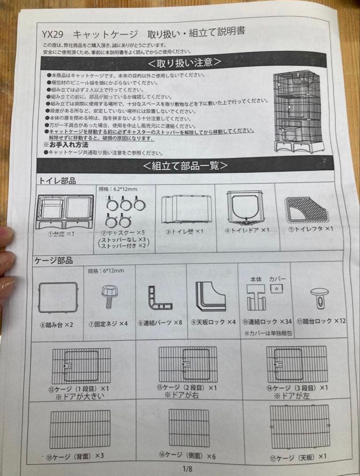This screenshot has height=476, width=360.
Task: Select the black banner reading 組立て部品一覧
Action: click(185, 166)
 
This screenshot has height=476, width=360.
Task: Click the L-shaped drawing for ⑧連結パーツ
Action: click(159, 298)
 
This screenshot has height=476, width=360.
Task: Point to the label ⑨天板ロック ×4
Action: click(213, 322)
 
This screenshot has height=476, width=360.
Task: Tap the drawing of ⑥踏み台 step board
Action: click(58, 298)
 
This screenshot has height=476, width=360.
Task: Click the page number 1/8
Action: click(187, 469)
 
